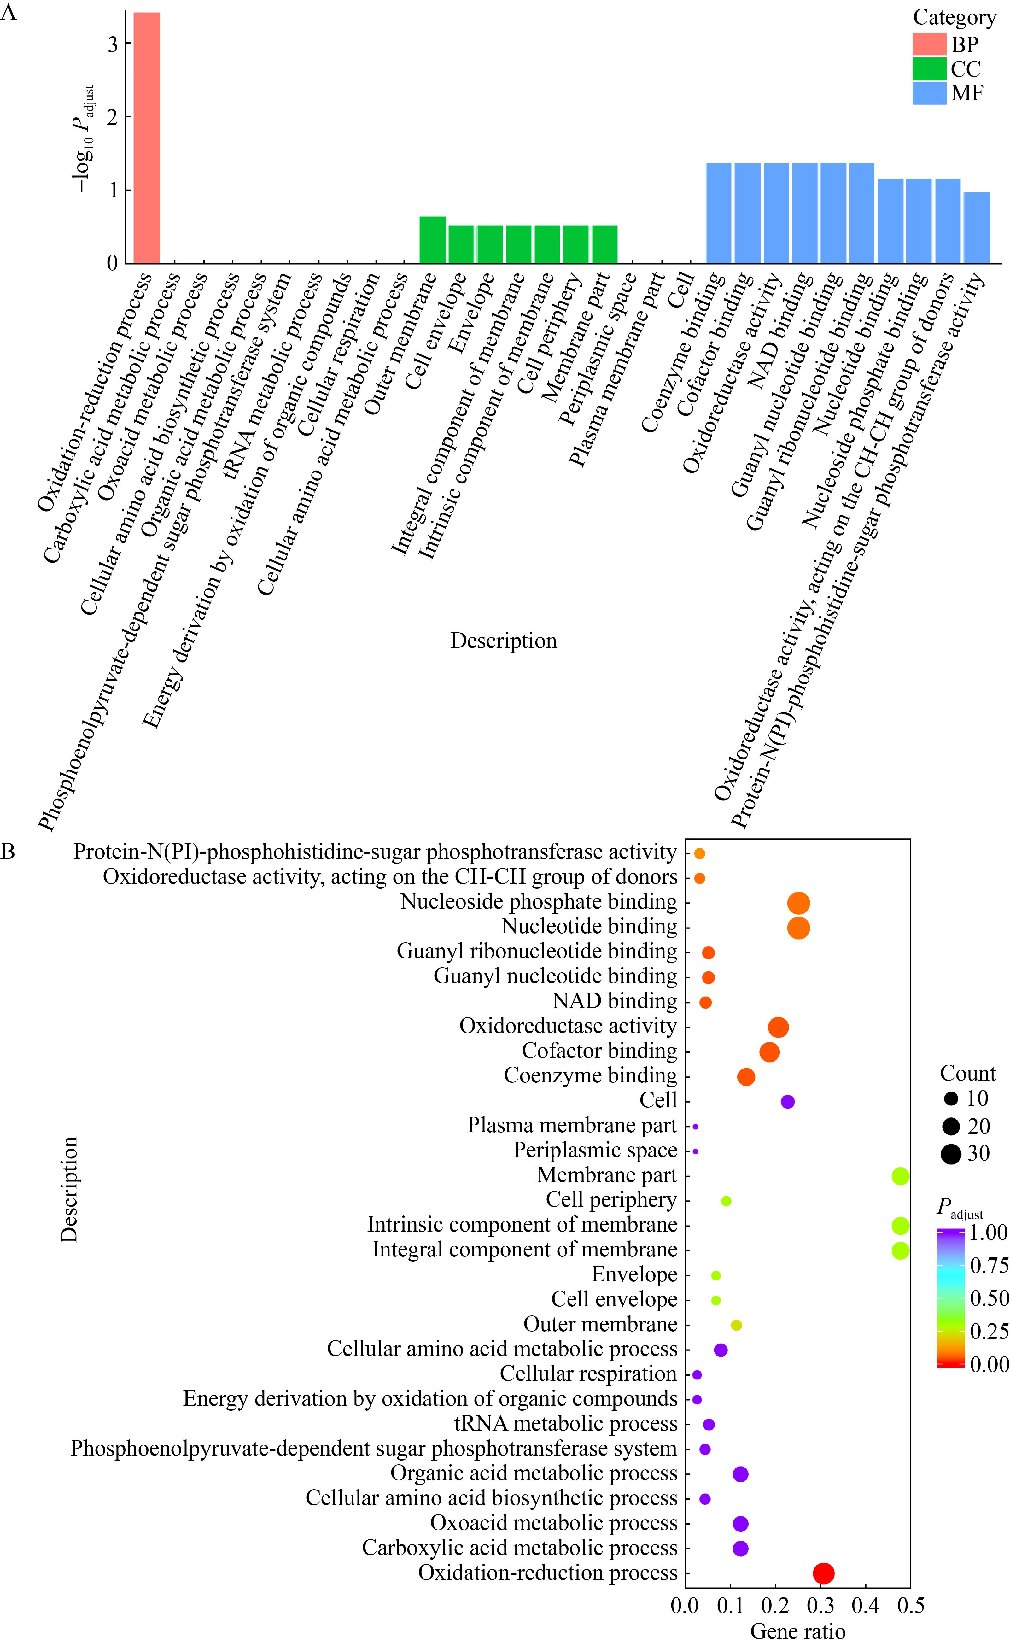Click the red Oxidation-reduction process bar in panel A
(147, 138)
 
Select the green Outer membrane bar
(432, 240)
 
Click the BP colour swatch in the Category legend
(929, 44)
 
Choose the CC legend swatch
(929, 69)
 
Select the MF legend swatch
(929, 94)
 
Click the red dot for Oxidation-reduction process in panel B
(824, 1573)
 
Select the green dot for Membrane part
(901, 1176)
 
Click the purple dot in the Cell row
(788, 1102)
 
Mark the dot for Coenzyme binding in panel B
(746, 1077)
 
